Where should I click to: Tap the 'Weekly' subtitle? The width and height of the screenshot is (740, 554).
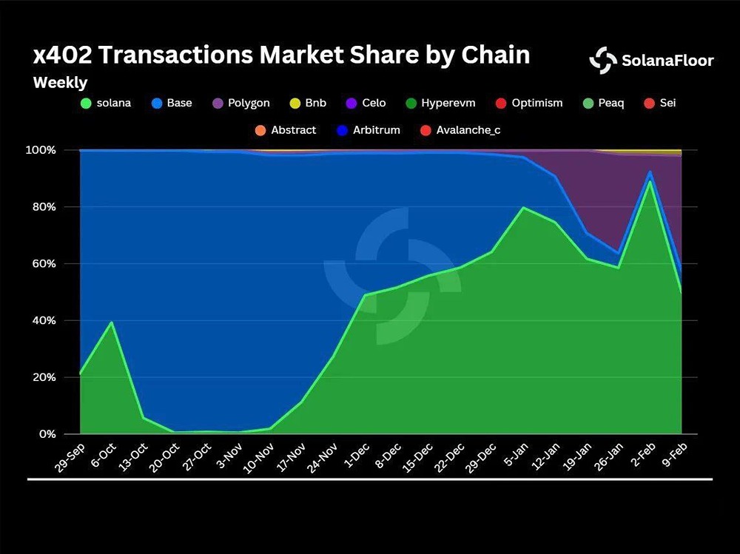click(60, 83)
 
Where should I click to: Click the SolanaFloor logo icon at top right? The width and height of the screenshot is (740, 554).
click(602, 60)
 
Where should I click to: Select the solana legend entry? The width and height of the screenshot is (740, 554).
click(105, 103)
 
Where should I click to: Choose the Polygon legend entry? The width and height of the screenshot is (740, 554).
click(241, 103)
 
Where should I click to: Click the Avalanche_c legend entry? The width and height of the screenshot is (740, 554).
click(460, 130)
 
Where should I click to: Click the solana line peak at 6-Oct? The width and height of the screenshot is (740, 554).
click(111, 322)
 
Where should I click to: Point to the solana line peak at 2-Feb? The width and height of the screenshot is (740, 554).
click(650, 181)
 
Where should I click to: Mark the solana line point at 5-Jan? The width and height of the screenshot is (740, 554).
click(523, 208)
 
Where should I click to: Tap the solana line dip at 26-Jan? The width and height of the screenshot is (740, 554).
click(618, 267)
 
